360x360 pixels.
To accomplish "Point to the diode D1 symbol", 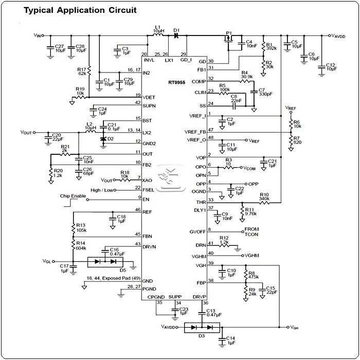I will click(177, 35).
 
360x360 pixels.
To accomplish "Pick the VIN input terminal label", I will click(38, 35).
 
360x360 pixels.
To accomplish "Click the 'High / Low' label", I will click(103, 190).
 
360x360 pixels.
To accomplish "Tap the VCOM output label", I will click(249, 168).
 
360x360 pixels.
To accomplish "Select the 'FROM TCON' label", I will click(251, 232).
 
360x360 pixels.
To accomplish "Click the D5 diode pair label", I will click(123, 269).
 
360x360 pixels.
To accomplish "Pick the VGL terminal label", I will click(47, 261).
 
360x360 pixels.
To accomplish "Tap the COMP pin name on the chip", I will click(199, 82).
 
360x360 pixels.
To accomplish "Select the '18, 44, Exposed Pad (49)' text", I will click(111, 277).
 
